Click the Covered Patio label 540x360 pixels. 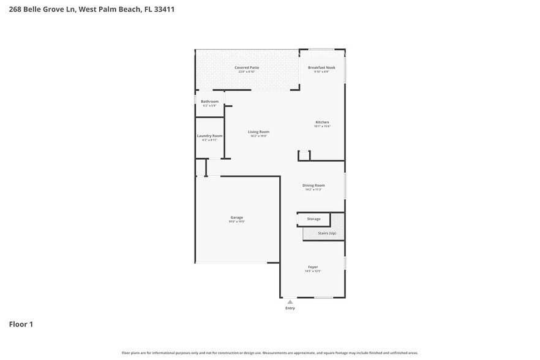[247, 67]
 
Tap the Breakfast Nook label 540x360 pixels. [321, 67]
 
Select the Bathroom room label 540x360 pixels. [209, 102]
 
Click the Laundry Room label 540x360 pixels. [209, 136]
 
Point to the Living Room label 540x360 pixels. [258, 132]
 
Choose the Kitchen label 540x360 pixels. [322, 122]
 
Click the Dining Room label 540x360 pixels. [313, 185]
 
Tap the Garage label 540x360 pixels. [237, 217]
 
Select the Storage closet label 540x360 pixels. [313, 219]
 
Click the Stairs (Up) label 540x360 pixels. [327, 233]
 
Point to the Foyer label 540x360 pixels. [313, 267]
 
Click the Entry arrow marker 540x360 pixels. [290, 302]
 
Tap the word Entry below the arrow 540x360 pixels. [290, 308]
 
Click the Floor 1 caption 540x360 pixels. [21, 324]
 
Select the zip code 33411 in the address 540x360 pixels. [164, 10]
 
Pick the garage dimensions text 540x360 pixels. [237, 222]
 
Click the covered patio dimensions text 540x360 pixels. [247, 72]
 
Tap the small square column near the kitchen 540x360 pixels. [304, 156]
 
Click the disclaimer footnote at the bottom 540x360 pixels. [269, 353]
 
